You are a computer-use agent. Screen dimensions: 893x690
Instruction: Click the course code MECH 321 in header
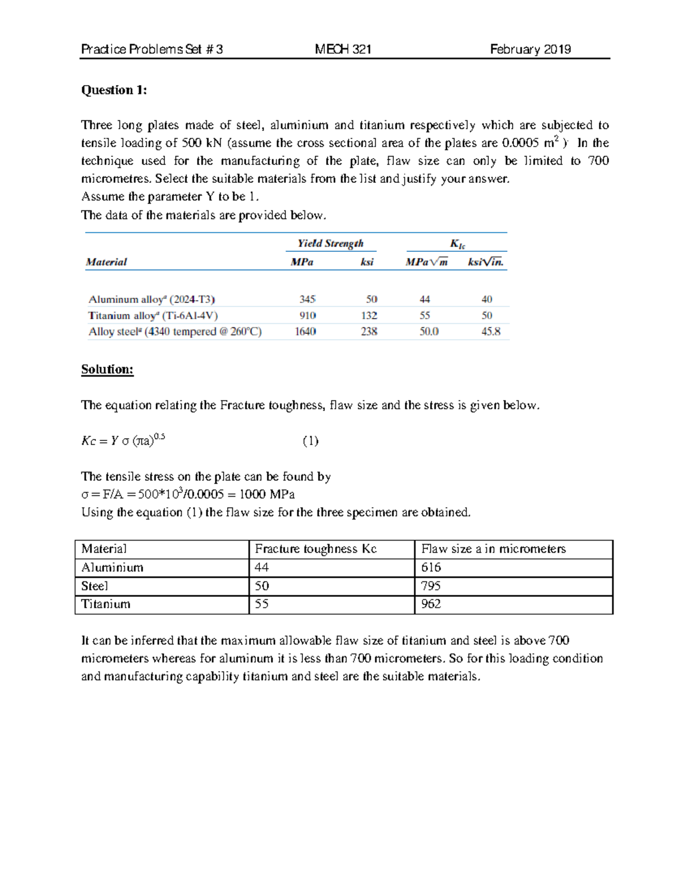343,49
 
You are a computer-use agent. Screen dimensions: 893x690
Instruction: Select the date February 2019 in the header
530,49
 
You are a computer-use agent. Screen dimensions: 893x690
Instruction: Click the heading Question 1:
114,90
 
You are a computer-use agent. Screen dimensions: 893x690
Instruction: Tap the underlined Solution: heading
107,369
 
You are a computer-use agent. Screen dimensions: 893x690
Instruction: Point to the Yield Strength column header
330,243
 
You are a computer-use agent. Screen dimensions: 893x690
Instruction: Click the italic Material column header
106,262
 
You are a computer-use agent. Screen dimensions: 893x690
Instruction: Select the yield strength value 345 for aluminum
307,299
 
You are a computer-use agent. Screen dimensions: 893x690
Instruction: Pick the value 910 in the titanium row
307,315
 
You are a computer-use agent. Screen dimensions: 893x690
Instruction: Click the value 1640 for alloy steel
305,331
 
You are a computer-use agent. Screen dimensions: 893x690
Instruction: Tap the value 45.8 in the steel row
490,331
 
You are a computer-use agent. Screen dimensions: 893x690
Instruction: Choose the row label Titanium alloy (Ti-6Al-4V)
153,315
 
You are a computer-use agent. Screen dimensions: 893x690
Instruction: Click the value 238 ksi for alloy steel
369,331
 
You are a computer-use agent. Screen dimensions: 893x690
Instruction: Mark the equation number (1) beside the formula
310,441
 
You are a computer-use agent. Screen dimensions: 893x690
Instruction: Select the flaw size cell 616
431,568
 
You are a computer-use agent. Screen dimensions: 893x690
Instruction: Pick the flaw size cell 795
431,586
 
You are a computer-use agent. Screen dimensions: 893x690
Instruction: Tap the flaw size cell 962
431,604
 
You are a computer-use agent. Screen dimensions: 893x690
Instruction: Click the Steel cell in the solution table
95,586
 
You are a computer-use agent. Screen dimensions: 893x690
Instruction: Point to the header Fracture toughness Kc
316,549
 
